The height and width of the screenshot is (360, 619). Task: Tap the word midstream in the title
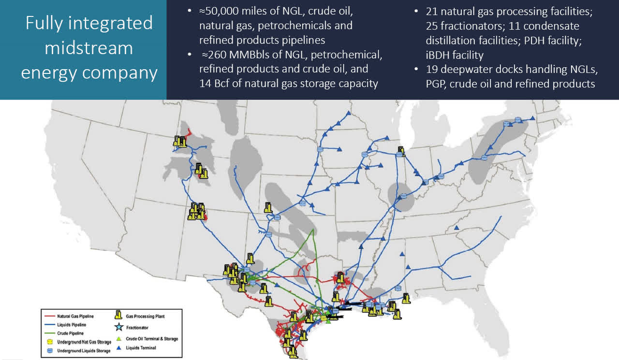coord(89,48)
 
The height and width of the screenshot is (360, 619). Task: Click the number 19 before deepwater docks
coord(433,70)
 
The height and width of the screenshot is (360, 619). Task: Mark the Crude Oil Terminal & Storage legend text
coord(152,339)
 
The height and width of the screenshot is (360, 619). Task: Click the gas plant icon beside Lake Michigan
coord(401,150)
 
